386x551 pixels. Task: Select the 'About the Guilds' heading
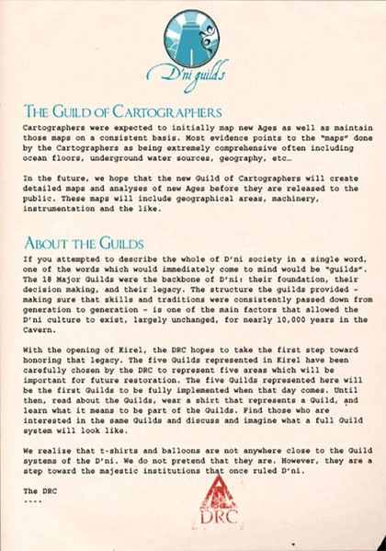tap(84, 243)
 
